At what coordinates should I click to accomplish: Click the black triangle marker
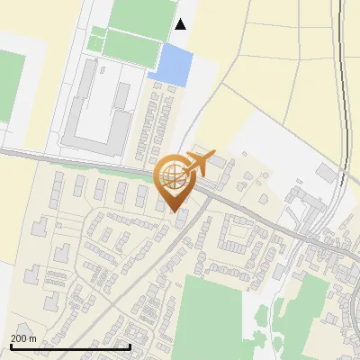pos(181,24)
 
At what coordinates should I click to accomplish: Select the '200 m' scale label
pos(23,337)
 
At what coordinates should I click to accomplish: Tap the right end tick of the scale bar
pos(130,345)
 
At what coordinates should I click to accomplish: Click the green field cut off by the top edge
pos(141,13)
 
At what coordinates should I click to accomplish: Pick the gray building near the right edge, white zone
pos(326,171)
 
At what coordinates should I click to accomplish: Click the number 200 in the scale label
pos(18,337)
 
